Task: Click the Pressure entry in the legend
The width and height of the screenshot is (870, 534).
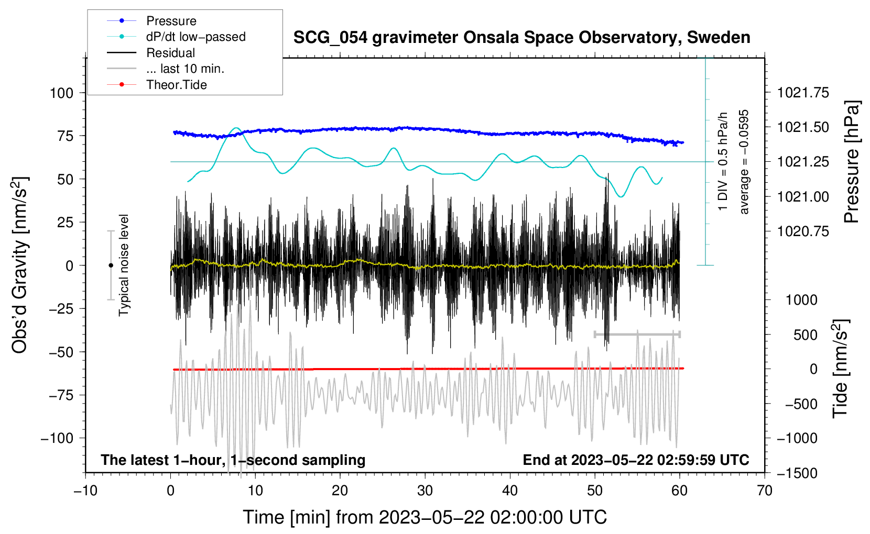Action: (171, 21)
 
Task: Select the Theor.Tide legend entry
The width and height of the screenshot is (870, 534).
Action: (176, 85)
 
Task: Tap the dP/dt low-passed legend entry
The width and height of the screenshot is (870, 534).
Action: (195, 37)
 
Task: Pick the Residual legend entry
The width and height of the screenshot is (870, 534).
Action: (170, 53)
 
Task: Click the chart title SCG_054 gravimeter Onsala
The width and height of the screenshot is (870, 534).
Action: (521, 38)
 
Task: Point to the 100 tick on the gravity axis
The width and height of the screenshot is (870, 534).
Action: (61, 93)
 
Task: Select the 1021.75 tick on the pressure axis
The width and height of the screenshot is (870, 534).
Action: (803, 93)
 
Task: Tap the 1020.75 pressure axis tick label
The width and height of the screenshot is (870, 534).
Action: (803, 231)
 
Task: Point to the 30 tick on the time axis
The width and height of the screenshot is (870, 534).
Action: (425, 491)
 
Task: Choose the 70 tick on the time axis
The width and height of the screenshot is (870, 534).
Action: (765, 491)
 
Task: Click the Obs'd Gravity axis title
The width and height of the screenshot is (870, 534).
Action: (20, 265)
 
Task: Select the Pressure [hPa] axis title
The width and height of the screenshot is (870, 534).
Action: (852, 162)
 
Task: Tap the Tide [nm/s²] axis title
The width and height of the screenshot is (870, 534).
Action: (840, 369)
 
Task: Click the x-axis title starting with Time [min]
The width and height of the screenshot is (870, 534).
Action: (425, 517)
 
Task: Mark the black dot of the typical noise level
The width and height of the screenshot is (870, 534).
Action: (111, 265)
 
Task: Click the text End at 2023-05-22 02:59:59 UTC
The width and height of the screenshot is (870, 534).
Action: (636, 460)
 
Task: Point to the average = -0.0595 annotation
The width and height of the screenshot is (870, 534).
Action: (744, 162)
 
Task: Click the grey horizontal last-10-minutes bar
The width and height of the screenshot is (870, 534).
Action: (637, 334)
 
